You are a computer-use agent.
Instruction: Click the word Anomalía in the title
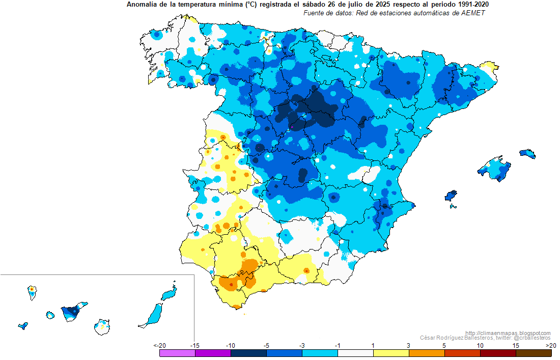141,5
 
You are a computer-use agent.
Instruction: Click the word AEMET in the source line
474,13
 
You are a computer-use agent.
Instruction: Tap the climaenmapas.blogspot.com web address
508,333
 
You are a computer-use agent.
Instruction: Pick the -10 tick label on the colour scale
231,345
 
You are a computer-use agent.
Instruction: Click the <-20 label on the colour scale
159,345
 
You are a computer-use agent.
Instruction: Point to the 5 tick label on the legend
444,345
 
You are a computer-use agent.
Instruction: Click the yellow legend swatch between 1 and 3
391,352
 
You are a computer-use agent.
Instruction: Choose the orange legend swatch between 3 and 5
427,352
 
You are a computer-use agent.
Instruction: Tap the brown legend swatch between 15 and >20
534,352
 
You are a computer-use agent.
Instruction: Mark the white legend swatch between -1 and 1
355,352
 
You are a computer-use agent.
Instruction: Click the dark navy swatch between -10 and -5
248,352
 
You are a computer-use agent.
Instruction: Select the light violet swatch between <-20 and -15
177,352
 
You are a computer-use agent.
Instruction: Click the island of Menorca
527,153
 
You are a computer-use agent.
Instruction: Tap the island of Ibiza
451,196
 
